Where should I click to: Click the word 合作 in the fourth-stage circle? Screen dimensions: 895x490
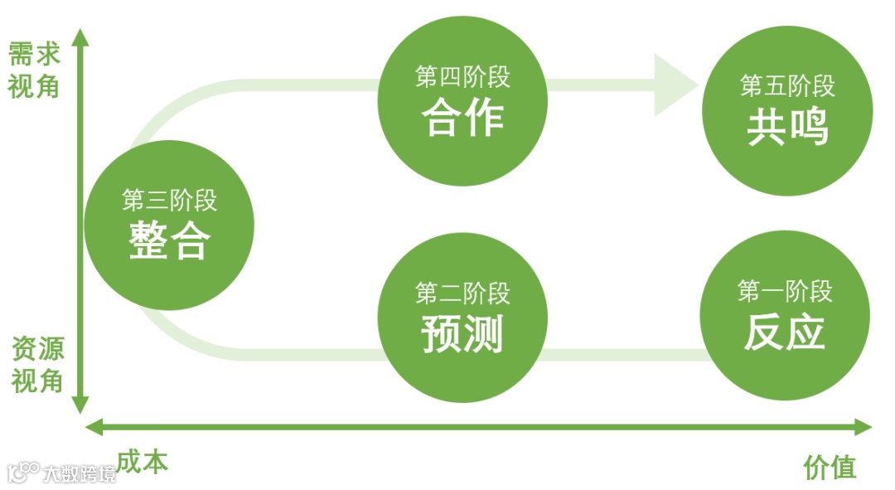pos(462,118)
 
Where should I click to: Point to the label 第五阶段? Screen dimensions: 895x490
pos(787,85)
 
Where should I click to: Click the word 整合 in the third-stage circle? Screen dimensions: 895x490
pos(169,241)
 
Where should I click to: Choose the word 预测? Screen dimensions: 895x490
pos(462,334)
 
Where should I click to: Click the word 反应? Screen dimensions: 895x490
pos(784,332)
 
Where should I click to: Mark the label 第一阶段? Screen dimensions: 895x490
pos(784,291)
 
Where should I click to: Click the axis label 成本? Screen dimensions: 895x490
pos(142,462)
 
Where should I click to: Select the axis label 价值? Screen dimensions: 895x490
pos(830,468)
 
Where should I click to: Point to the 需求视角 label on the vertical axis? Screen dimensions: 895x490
pos(34,70)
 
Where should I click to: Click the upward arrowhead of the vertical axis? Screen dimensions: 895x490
pos(80,37)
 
